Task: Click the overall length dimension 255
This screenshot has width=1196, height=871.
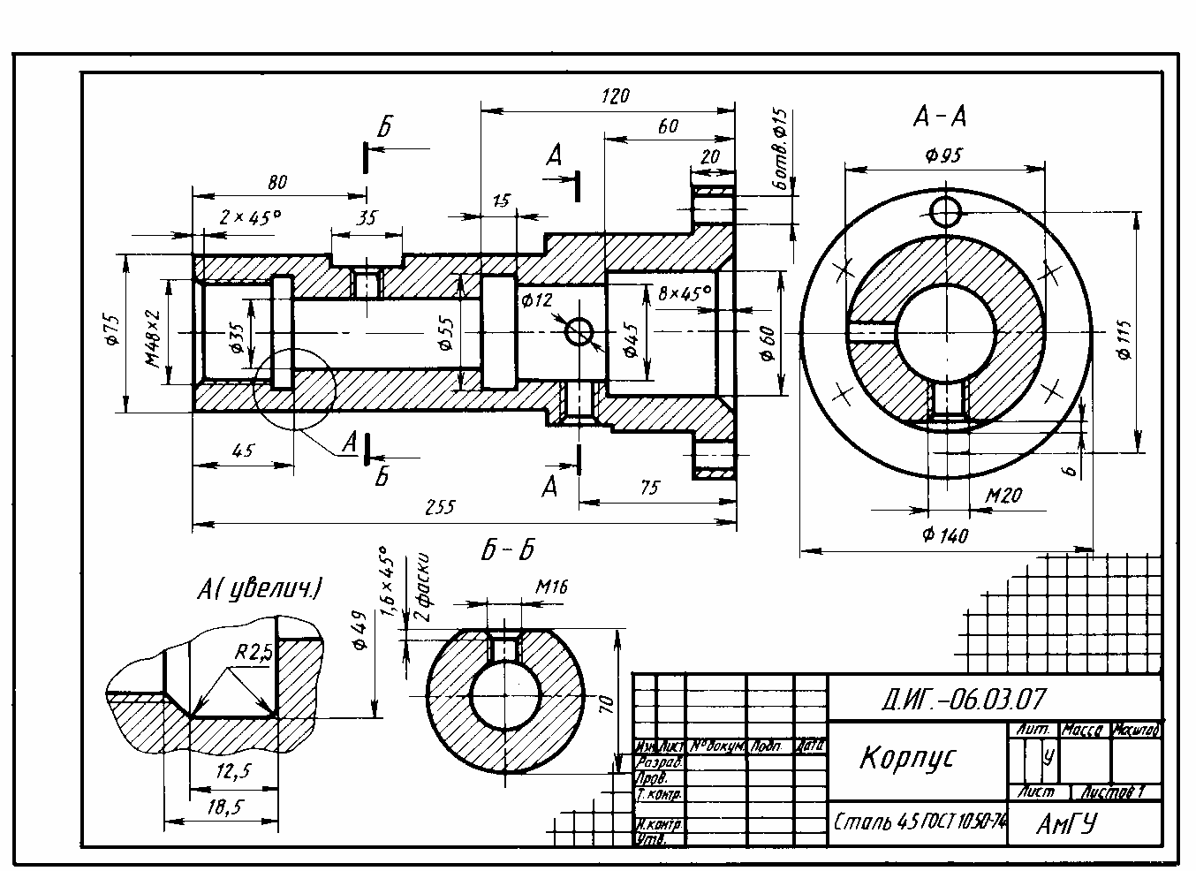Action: click(440, 508)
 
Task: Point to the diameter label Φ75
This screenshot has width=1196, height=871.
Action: click(110, 327)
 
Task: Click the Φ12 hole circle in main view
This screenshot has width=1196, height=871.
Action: click(579, 332)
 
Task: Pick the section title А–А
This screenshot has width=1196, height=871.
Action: click(940, 117)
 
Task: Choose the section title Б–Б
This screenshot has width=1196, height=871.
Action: click(508, 550)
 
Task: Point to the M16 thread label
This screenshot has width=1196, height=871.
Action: click(551, 586)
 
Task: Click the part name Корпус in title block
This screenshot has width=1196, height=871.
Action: click(907, 758)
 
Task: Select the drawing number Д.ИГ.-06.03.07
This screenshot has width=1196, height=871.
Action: click(963, 700)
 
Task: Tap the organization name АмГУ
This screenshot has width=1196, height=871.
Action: click(1066, 824)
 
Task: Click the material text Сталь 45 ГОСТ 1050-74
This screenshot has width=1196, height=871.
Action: click(920, 821)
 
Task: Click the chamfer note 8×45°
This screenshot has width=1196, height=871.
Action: click(685, 292)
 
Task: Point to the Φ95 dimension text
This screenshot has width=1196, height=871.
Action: click(943, 155)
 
